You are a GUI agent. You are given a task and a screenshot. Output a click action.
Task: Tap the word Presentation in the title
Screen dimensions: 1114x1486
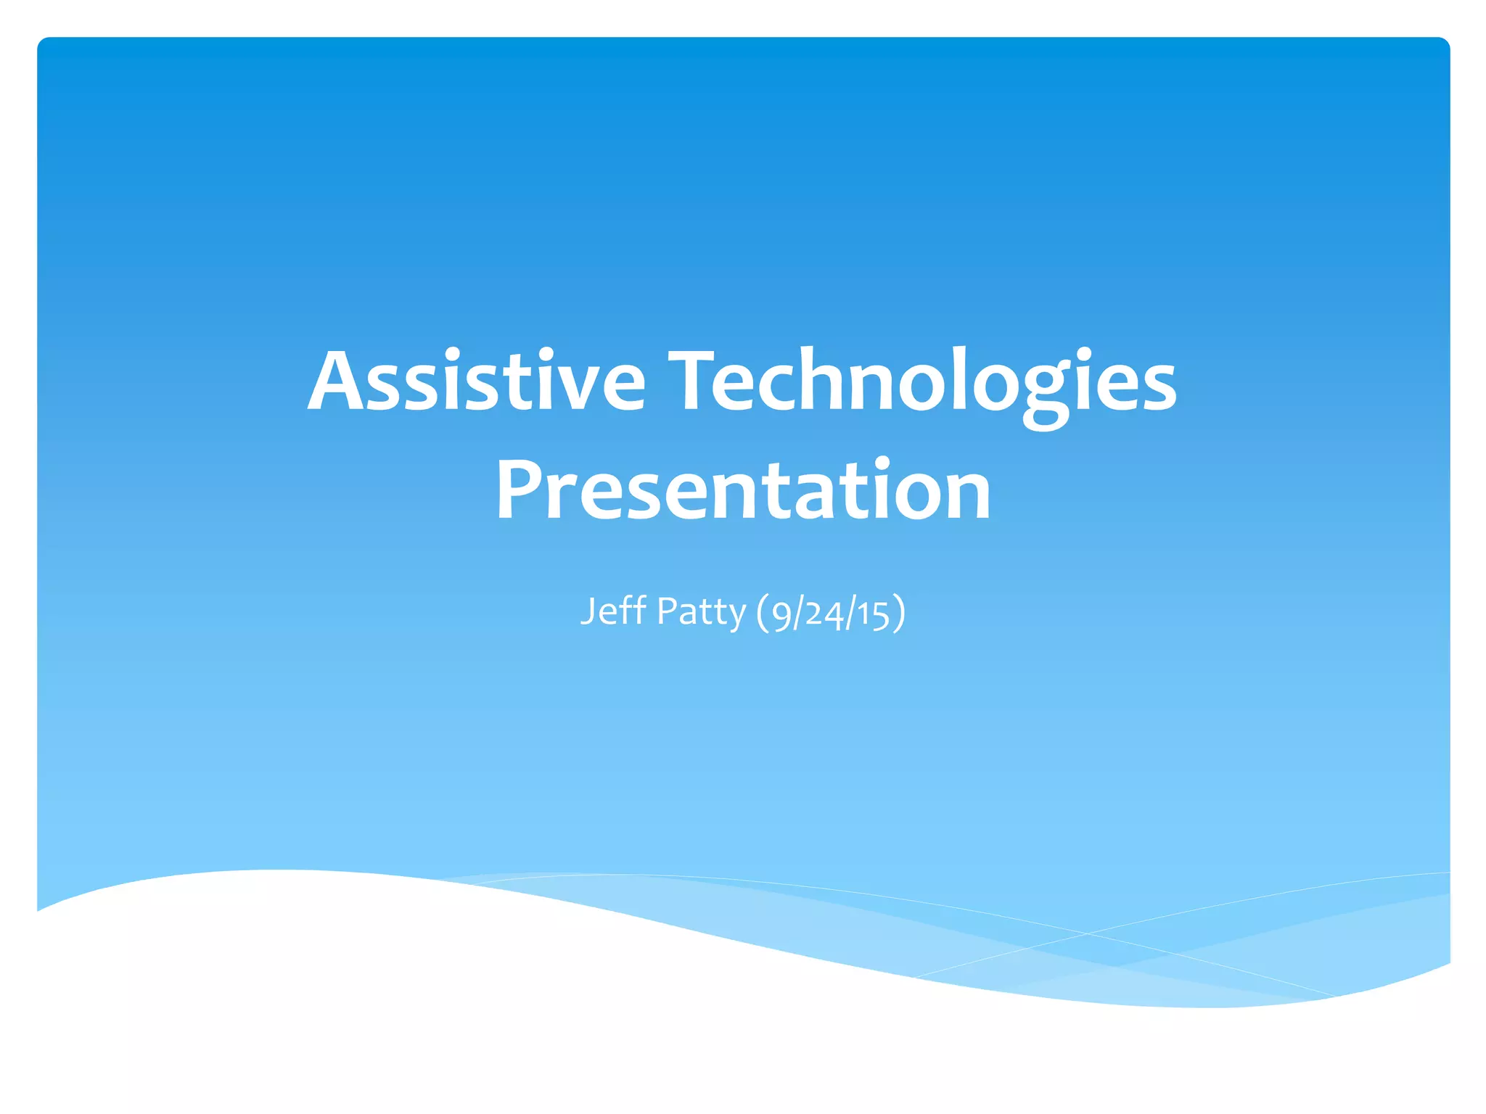(x=743, y=492)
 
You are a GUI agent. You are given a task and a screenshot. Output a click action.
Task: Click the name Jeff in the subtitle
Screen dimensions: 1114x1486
(x=613, y=611)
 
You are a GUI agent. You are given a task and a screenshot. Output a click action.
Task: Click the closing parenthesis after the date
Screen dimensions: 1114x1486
(x=899, y=614)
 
